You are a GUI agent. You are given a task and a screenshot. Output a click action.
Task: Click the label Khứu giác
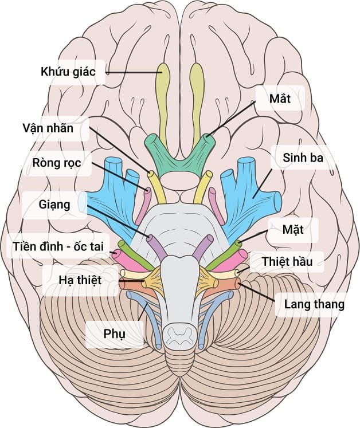tap(67, 73)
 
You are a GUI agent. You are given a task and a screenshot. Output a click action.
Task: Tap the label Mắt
tap(280, 99)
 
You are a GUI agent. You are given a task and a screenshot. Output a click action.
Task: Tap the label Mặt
tap(292, 231)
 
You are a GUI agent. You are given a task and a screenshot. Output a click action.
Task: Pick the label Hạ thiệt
tap(80, 281)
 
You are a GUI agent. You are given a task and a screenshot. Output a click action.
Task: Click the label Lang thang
tap(314, 304)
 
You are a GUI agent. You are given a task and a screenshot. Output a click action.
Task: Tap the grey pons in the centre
tap(179, 229)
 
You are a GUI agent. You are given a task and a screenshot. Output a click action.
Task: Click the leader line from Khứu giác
tap(132, 73)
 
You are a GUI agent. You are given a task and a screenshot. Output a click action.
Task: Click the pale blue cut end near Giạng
tap(84, 202)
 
